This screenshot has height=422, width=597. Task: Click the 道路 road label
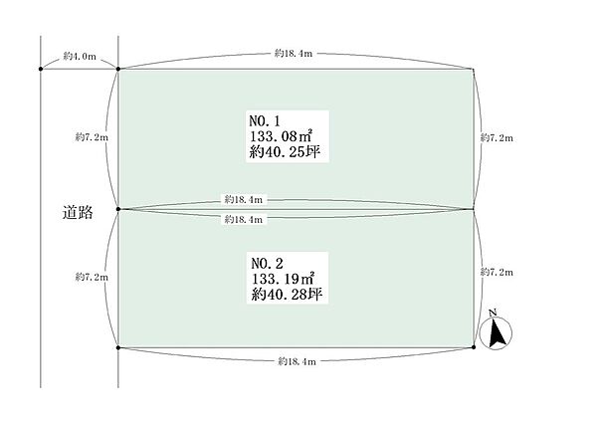(78, 213)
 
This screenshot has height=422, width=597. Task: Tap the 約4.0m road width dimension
(80, 57)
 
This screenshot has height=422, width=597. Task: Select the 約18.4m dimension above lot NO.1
(294, 54)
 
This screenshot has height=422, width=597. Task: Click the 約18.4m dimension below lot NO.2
(297, 361)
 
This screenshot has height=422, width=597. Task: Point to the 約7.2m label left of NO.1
(92, 137)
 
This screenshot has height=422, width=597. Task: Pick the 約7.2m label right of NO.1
(497, 138)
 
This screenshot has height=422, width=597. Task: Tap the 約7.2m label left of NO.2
(92, 278)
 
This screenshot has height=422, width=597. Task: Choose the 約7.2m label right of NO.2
(497, 272)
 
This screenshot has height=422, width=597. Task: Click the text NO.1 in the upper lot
(265, 121)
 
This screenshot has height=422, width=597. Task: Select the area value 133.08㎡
(281, 136)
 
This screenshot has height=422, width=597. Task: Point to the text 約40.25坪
(285, 152)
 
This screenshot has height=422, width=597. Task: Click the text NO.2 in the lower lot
(267, 263)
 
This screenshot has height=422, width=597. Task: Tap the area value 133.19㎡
(283, 279)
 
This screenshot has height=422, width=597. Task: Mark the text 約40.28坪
(287, 295)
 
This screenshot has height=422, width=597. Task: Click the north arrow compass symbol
(496, 333)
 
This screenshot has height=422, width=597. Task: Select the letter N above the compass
(494, 313)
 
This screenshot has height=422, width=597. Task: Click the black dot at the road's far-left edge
(41, 69)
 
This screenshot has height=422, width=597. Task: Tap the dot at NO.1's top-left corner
(118, 69)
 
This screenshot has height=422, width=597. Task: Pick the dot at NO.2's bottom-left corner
(118, 347)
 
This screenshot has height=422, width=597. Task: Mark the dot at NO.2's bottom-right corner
(474, 347)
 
